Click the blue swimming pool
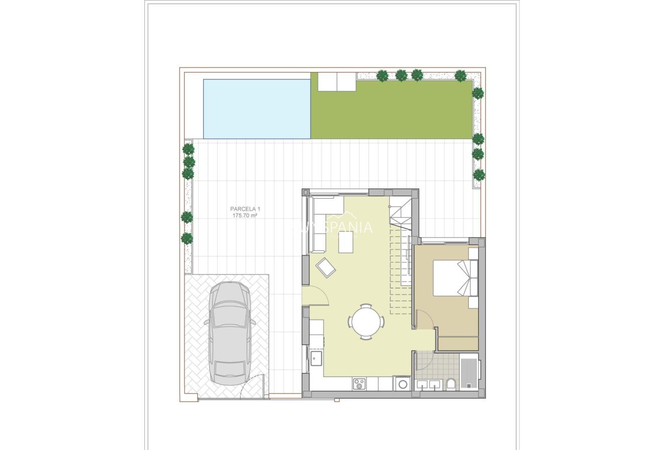[x=257, y=109]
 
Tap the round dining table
[x=366, y=321]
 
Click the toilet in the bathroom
[x=451, y=385]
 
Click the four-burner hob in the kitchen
[x=359, y=384]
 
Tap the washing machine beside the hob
[x=403, y=384]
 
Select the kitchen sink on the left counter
[x=316, y=358]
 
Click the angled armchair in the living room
[x=325, y=267]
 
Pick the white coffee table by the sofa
[x=346, y=242]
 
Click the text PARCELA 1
[x=245, y=209]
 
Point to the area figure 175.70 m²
[x=245, y=216]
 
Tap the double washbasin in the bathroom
[x=429, y=385]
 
